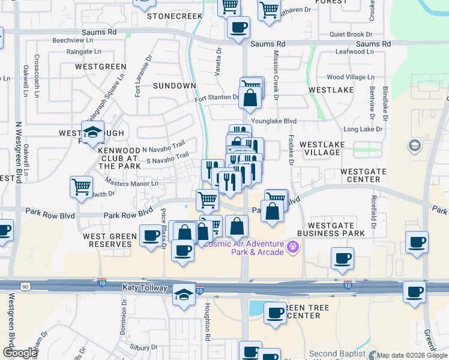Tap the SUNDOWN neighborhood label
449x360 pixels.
pos(174,86)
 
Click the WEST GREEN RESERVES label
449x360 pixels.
pos(110,241)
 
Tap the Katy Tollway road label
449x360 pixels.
pos(143,288)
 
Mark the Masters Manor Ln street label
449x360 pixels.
pos(131,182)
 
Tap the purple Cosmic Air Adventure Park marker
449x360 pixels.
pos(293,245)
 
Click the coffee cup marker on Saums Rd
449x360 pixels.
pos(238,27)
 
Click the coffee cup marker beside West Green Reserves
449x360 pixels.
pos(151,235)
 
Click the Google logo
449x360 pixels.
pos(20,353)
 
